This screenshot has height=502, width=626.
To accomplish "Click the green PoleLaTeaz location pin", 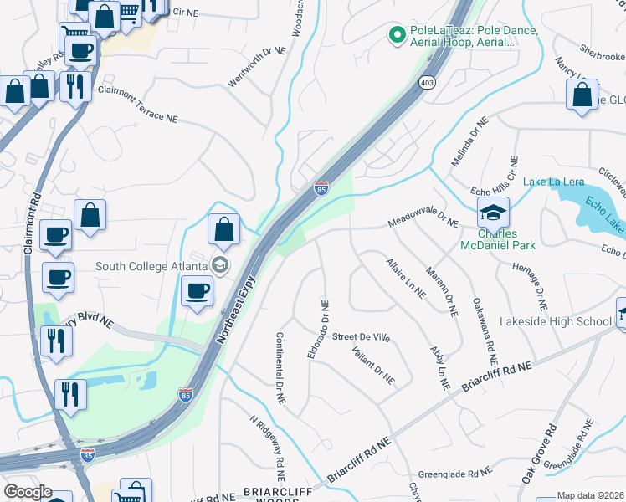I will [x=397, y=35].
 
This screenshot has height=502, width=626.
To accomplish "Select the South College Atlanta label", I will [x=151, y=266].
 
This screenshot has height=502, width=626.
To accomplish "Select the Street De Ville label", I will [x=362, y=336].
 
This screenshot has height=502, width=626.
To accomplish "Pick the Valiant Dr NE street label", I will [x=373, y=365].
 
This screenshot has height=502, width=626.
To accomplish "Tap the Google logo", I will [x=28, y=491].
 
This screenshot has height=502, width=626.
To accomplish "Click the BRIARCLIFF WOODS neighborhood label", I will [x=270, y=495].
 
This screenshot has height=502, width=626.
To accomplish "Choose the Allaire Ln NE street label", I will [x=406, y=278].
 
